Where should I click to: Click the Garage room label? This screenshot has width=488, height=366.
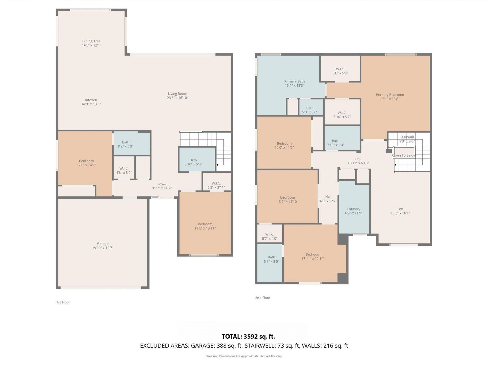point(102,243)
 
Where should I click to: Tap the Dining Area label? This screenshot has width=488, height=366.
point(91,41)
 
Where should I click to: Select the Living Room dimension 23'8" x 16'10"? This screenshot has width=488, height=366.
point(177,98)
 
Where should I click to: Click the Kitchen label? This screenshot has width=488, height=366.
point(91,100)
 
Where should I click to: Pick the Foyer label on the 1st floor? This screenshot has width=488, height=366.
point(162,184)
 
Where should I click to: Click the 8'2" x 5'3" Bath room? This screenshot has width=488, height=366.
point(126,144)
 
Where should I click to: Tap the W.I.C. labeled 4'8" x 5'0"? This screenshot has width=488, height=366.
point(124,171)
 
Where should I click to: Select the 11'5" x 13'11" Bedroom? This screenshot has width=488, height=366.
point(205,226)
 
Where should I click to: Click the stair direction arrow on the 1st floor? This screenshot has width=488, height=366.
point(217,165)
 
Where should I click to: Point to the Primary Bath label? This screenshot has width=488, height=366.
point(294,81)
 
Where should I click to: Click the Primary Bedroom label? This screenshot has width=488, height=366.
point(390,95)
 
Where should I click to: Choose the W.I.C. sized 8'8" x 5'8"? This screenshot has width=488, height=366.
point(340,71)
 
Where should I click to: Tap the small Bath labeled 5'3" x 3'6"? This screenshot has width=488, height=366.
point(310,110)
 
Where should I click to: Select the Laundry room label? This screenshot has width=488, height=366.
point(354,209)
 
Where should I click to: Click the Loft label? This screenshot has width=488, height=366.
point(400,209)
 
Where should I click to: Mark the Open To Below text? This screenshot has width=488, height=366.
point(404,155)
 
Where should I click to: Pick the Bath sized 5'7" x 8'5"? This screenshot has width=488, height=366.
point(271,259)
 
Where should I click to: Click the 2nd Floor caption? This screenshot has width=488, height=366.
point(263,298)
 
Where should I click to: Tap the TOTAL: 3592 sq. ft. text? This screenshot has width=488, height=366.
point(248,337)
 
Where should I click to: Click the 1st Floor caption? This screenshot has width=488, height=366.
point(63,302)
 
